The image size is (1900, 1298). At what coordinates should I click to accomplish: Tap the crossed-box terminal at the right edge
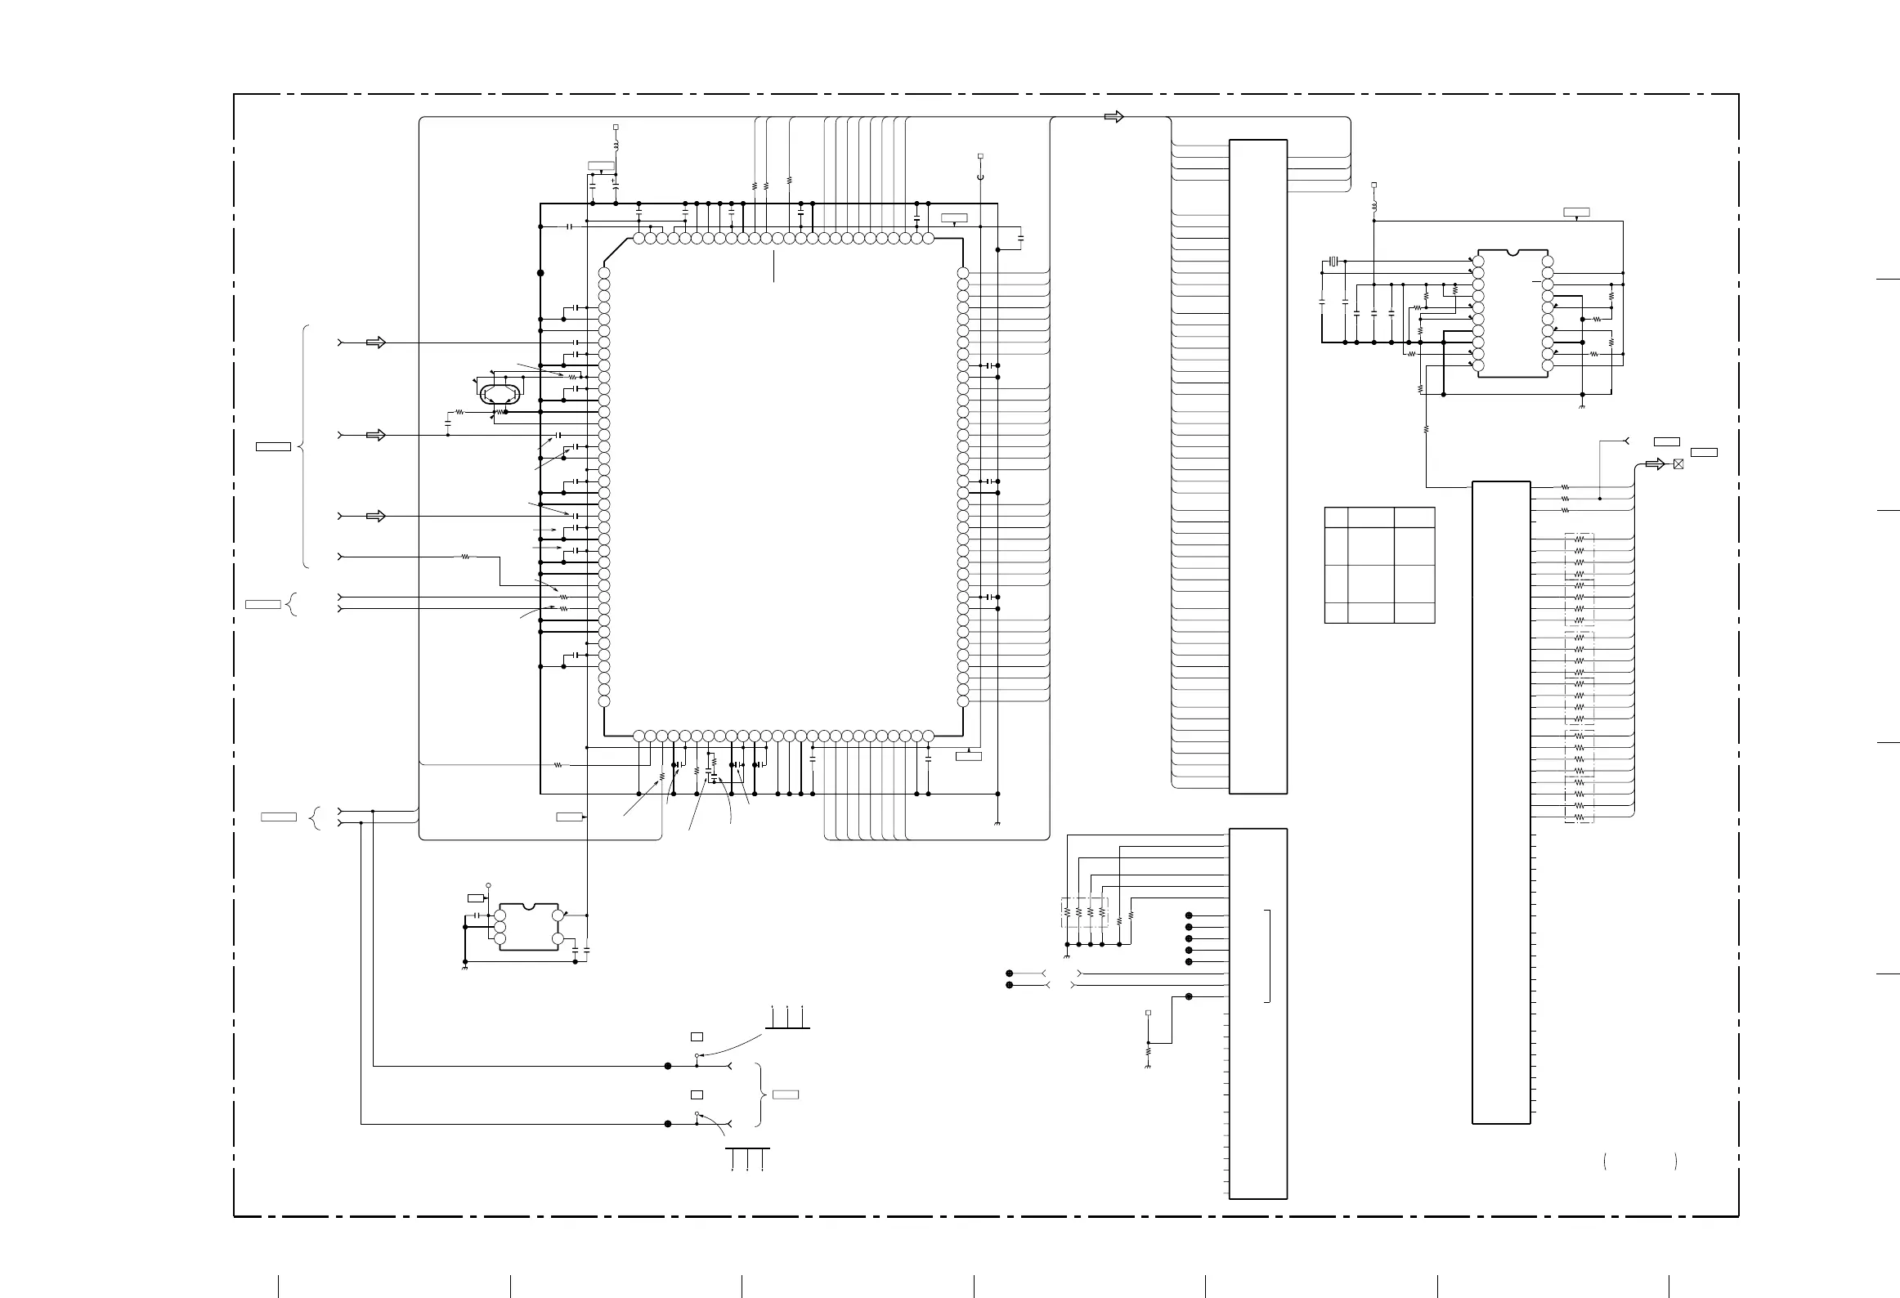[x=1678, y=463]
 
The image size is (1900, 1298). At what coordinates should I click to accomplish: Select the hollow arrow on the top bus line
[x=1114, y=117]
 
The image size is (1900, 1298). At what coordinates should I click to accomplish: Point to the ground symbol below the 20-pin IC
[x=1582, y=406]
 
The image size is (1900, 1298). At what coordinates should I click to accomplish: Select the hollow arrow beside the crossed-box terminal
[x=1655, y=464]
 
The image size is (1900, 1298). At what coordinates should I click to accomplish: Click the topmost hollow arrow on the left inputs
[x=375, y=342]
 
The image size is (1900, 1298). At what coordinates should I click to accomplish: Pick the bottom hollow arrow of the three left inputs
[x=375, y=516]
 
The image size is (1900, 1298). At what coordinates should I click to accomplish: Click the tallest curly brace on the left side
[x=304, y=446]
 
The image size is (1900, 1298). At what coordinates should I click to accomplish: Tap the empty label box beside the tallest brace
[x=273, y=446]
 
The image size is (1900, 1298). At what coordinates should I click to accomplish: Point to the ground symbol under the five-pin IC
[x=464, y=966]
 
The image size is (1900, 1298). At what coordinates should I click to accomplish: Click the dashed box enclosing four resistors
[x=1084, y=911]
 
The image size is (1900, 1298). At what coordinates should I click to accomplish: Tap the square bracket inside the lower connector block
[x=1269, y=955]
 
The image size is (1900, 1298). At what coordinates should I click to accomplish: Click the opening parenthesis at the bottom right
[x=1606, y=1161]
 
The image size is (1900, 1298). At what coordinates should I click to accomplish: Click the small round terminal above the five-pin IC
[x=488, y=885]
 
